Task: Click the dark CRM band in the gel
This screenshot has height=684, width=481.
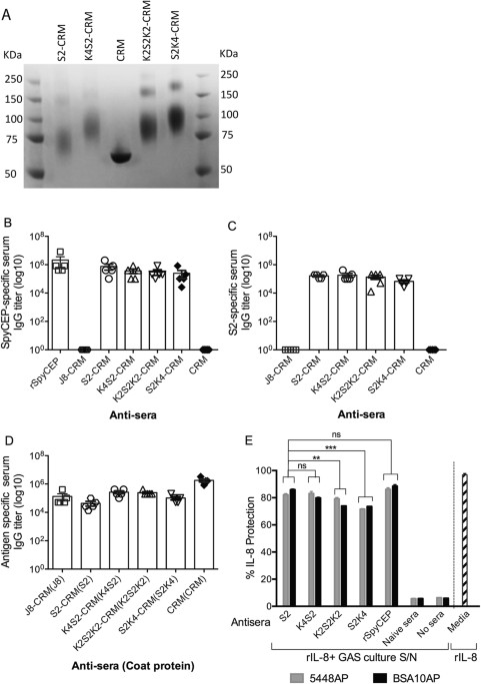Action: (x=121, y=157)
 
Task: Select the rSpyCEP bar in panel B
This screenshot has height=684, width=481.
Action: (x=60, y=305)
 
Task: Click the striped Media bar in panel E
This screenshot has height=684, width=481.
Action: (x=464, y=539)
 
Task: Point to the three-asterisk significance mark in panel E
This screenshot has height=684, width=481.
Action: (x=330, y=447)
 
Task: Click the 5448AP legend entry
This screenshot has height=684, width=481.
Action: (x=319, y=677)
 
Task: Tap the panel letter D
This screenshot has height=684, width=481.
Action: (x=7, y=442)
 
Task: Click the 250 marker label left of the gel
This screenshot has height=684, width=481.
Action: (x=14, y=80)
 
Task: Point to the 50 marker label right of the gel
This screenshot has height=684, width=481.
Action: (x=226, y=169)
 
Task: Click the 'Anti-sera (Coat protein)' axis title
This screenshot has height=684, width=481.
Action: (x=133, y=666)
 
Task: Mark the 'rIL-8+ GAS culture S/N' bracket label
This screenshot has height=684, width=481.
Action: (x=360, y=657)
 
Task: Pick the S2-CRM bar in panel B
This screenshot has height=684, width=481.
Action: (x=108, y=308)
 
